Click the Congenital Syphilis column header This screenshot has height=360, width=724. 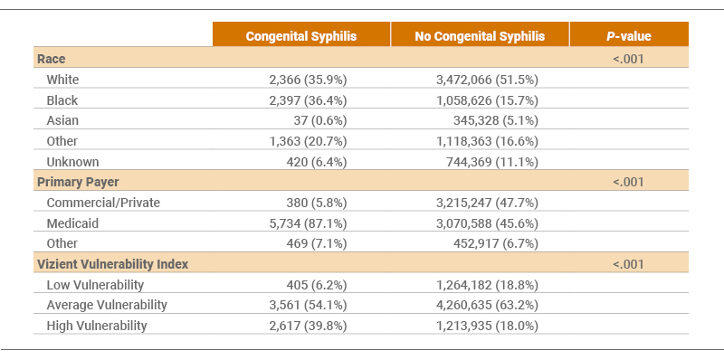point(301,36)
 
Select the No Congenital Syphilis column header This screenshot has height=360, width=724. point(480,36)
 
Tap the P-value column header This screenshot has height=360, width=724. point(628,36)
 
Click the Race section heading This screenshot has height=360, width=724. point(52,59)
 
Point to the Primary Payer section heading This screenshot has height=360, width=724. point(80,182)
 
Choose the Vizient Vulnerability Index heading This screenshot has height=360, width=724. point(112,264)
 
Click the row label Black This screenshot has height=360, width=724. point(62,99)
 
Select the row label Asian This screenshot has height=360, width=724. point(62,120)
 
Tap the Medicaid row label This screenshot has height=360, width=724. point(71,223)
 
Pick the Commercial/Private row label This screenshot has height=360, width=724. point(103,203)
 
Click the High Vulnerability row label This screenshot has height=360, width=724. point(97,326)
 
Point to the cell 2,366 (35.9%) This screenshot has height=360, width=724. point(307,80)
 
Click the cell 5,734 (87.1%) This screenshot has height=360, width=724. point(307,223)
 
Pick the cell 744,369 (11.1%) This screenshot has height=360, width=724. point(494,162)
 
